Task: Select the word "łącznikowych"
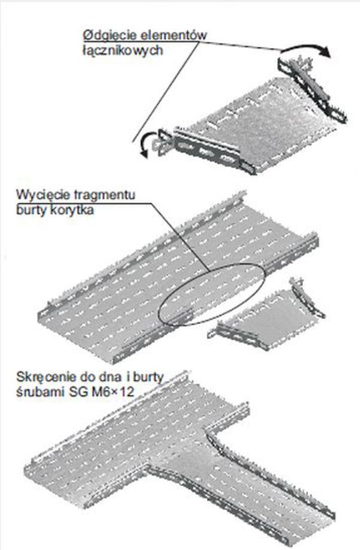click(123, 51)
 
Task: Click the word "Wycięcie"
click(41, 195)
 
